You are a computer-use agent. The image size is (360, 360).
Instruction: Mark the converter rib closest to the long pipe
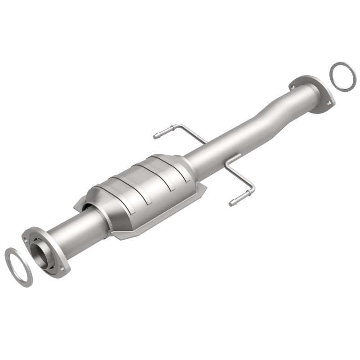pos(178,169)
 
